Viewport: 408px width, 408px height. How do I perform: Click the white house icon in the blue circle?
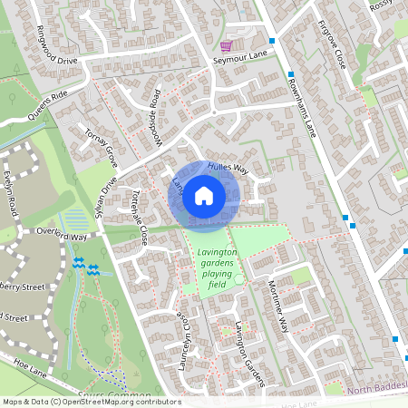point(204,195)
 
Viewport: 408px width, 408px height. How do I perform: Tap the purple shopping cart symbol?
point(226,45)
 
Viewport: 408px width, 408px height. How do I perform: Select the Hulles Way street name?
point(227,168)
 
